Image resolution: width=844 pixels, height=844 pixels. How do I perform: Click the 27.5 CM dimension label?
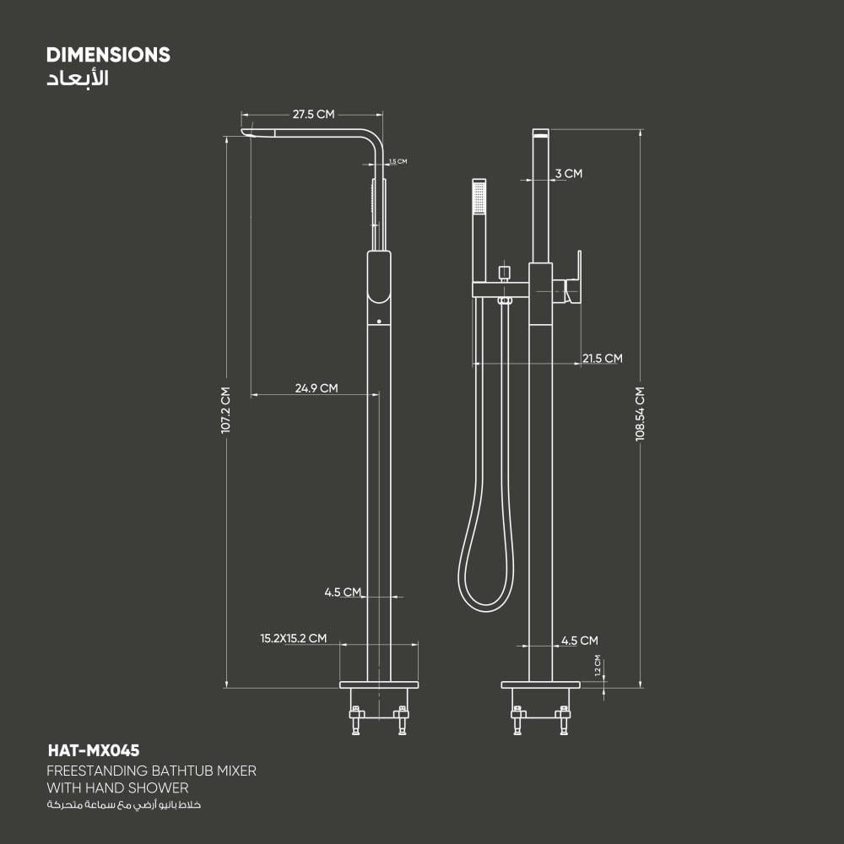(x=313, y=114)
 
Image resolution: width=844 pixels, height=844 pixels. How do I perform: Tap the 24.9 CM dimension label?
(x=316, y=388)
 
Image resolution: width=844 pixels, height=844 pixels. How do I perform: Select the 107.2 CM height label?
(x=225, y=410)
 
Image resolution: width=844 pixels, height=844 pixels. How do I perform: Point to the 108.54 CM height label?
(x=640, y=414)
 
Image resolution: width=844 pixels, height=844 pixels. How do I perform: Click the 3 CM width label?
(x=569, y=173)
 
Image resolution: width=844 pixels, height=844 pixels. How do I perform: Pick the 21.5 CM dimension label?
(x=603, y=359)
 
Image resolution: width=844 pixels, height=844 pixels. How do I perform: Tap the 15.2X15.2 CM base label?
(x=294, y=638)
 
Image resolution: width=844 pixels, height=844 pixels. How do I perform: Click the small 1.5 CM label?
(x=398, y=161)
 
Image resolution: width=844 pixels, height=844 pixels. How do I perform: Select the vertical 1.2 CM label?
(x=598, y=665)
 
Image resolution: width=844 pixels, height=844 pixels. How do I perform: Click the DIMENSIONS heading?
(x=108, y=55)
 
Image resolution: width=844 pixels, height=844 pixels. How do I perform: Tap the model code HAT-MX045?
(x=94, y=750)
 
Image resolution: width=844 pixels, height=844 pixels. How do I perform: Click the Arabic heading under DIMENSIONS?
(x=78, y=78)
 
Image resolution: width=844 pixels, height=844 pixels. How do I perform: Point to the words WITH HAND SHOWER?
(x=117, y=788)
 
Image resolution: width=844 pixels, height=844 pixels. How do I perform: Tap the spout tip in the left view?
(x=246, y=133)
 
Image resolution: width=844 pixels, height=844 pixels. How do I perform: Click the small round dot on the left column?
(x=379, y=322)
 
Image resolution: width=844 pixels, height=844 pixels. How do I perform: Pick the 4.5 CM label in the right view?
(x=580, y=641)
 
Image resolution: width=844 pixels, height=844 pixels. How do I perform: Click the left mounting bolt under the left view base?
(x=355, y=720)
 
